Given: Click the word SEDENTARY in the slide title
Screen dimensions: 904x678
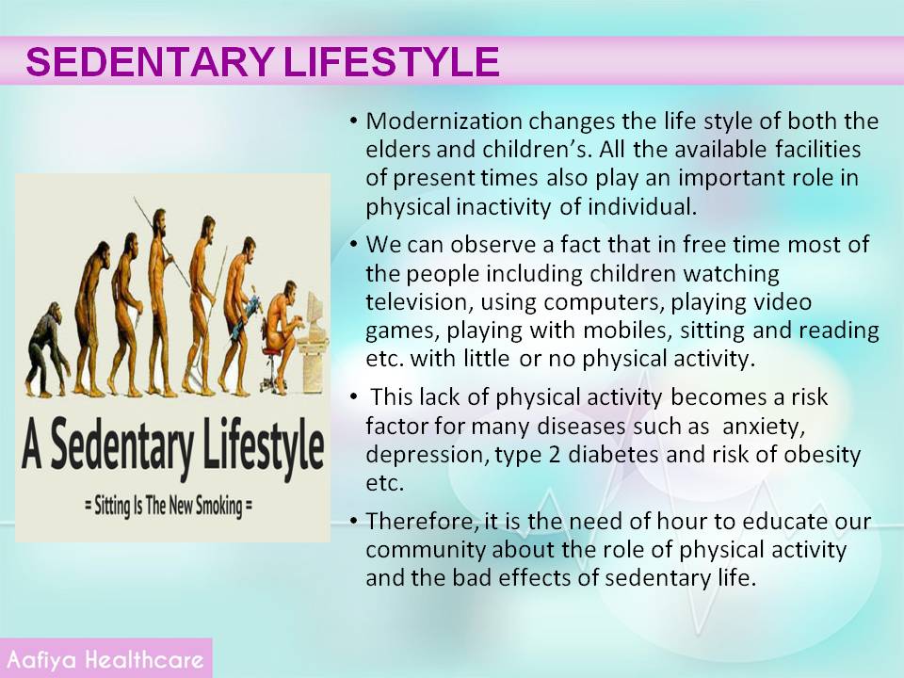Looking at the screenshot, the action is (150, 61).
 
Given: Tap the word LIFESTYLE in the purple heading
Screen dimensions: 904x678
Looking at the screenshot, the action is (392, 61).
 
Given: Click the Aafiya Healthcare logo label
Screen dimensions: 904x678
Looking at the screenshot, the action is (105, 659).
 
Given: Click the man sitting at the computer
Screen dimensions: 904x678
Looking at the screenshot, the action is (282, 334).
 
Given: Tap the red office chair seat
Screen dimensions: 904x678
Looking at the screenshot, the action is (273, 350).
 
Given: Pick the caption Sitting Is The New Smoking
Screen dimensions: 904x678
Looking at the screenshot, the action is (169, 507).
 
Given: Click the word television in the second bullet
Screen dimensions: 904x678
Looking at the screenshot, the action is (419, 301).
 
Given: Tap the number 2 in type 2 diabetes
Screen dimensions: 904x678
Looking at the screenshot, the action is (555, 454).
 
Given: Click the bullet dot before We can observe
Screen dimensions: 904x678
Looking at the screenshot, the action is (354, 245).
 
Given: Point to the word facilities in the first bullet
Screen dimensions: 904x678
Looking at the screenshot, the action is (817, 150).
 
